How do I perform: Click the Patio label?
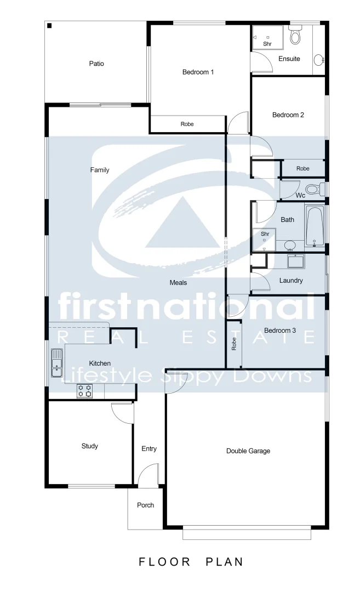click(96, 64)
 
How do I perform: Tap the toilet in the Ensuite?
click(295, 36)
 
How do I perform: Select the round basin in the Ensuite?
click(318, 59)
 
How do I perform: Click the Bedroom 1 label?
click(198, 72)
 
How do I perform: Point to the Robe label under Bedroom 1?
click(187, 124)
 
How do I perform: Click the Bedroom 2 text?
click(288, 115)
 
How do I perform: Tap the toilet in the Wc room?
click(313, 190)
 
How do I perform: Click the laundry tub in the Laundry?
click(295, 261)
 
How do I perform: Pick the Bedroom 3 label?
click(280, 331)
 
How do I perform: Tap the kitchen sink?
click(57, 363)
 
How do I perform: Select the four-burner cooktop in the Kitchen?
click(84, 391)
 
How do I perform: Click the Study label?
click(90, 446)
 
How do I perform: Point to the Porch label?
click(145, 505)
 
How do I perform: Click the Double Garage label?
click(248, 451)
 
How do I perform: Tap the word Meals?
click(178, 283)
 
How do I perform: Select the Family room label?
click(100, 170)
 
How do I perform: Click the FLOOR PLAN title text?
click(191, 562)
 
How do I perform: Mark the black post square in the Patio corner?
click(49, 26)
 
